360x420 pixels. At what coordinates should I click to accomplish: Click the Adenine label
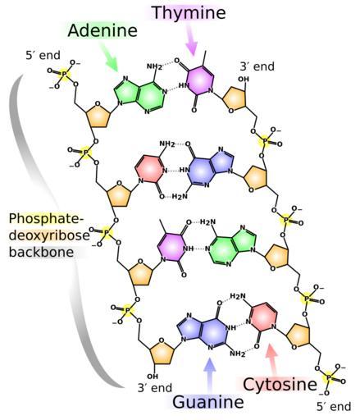pyautogui.click(x=103, y=30)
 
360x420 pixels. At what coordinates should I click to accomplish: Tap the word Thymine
pyautogui.click(x=189, y=13)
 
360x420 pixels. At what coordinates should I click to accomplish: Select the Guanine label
pyautogui.click(x=208, y=403)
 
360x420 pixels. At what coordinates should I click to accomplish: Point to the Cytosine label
pyautogui.click(x=280, y=385)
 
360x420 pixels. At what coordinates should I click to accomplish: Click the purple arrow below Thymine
pyautogui.click(x=192, y=39)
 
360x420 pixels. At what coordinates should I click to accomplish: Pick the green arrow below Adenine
pyautogui.click(x=109, y=57)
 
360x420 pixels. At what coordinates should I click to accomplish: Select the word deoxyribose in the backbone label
pyautogui.click(x=49, y=235)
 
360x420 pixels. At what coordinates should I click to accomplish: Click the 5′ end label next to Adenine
pyautogui.click(x=43, y=55)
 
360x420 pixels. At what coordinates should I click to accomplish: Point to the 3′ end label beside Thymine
pyautogui.click(x=257, y=66)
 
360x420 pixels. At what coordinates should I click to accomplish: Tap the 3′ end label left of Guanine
pyautogui.click(x=155, y=388)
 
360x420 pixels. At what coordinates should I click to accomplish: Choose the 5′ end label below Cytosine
pyautogui.click(x=334, y=407)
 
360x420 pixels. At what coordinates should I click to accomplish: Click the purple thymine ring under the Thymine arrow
pyautogui.click(x=199, y=80)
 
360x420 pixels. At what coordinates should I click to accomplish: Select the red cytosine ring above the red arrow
pyautogui.click(x=264, y=317)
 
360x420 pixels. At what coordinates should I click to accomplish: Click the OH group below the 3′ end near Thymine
pyautogui.click(x=244, y=80)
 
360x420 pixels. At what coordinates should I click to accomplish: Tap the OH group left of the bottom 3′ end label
pyautogui.click(x=153, y=377)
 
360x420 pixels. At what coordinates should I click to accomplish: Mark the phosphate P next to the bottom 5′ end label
pyautogui.click(x=329, y=378)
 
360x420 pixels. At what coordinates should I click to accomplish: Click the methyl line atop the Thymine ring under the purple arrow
pyautogui.click(x=204, y=58)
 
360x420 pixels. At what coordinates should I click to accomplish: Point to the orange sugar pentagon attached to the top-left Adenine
pyautogui.click(x=98, y=115)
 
